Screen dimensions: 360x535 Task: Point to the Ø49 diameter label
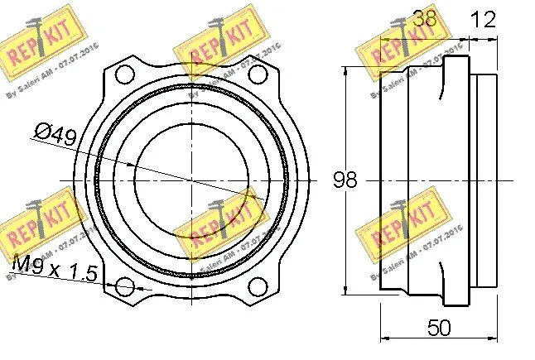[x=55, y=134]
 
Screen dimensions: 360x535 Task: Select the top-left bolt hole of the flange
[x=125, y=74]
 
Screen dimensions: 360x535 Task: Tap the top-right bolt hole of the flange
[x=258, y=74]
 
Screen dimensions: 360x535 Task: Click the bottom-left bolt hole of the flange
[x=125, y=286]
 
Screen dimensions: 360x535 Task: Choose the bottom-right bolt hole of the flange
[x=258, y=286]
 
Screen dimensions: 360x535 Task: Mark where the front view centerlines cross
[x=192, y=180]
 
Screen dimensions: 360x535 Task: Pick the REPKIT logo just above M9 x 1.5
[x=39, y=223]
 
